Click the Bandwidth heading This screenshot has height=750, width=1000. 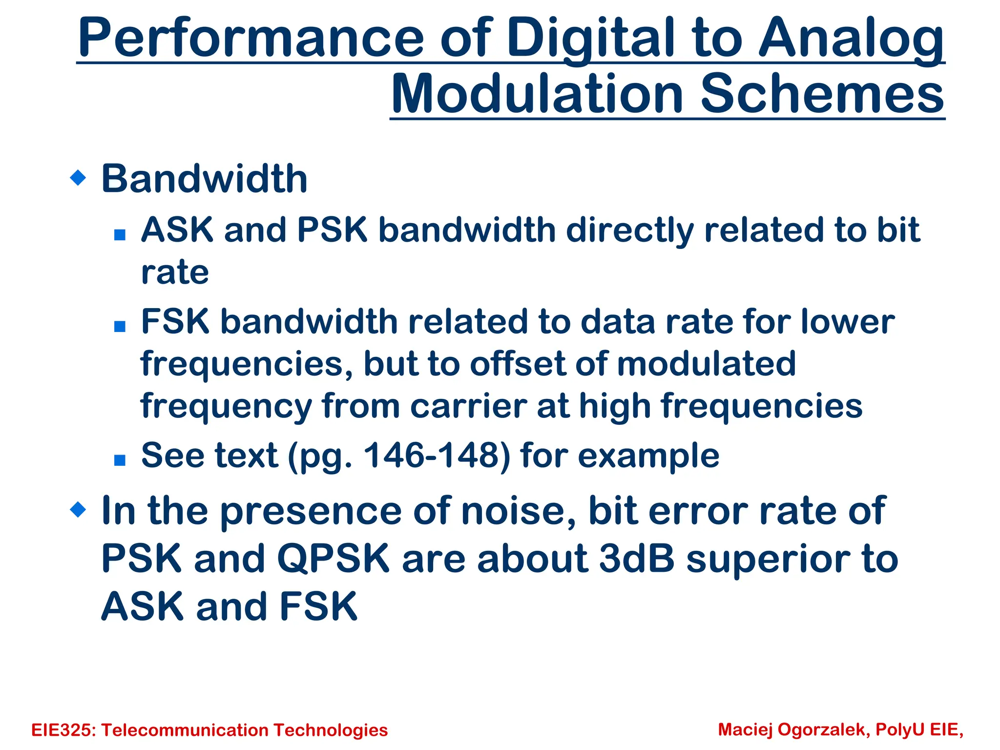click(204, 179)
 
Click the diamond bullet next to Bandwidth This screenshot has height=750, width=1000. click(78, 178)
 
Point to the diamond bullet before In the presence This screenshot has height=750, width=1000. click(78, 510)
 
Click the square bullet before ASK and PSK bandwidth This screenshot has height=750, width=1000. click(120, 235)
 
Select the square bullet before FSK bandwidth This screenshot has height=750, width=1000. click(120, 326)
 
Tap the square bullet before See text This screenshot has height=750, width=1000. click(120, 460)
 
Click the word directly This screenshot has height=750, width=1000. click(630, 230)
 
